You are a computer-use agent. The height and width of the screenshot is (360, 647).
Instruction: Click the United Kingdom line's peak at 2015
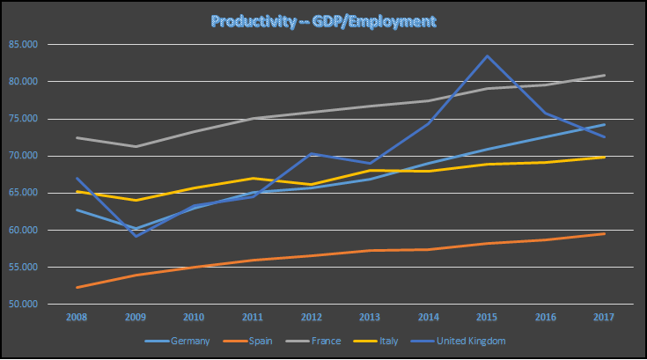(488, 55)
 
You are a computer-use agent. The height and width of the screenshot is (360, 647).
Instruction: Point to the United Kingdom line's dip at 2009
(136, 236)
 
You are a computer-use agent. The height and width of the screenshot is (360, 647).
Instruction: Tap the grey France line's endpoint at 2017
(604, 75)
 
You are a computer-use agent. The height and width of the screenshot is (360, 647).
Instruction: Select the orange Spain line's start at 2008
(77, 287)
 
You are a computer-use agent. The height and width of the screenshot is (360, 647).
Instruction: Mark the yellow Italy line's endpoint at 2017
(604, 157)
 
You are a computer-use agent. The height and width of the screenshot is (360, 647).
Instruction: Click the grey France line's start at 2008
(77, 137)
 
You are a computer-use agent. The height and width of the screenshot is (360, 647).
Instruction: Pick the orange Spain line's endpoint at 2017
(604, 233)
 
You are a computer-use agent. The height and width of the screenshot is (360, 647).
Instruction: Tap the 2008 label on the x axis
(77, 316)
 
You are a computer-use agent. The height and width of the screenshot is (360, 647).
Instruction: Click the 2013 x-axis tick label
(371, 316)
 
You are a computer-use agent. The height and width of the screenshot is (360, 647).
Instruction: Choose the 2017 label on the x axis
(604, 316)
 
